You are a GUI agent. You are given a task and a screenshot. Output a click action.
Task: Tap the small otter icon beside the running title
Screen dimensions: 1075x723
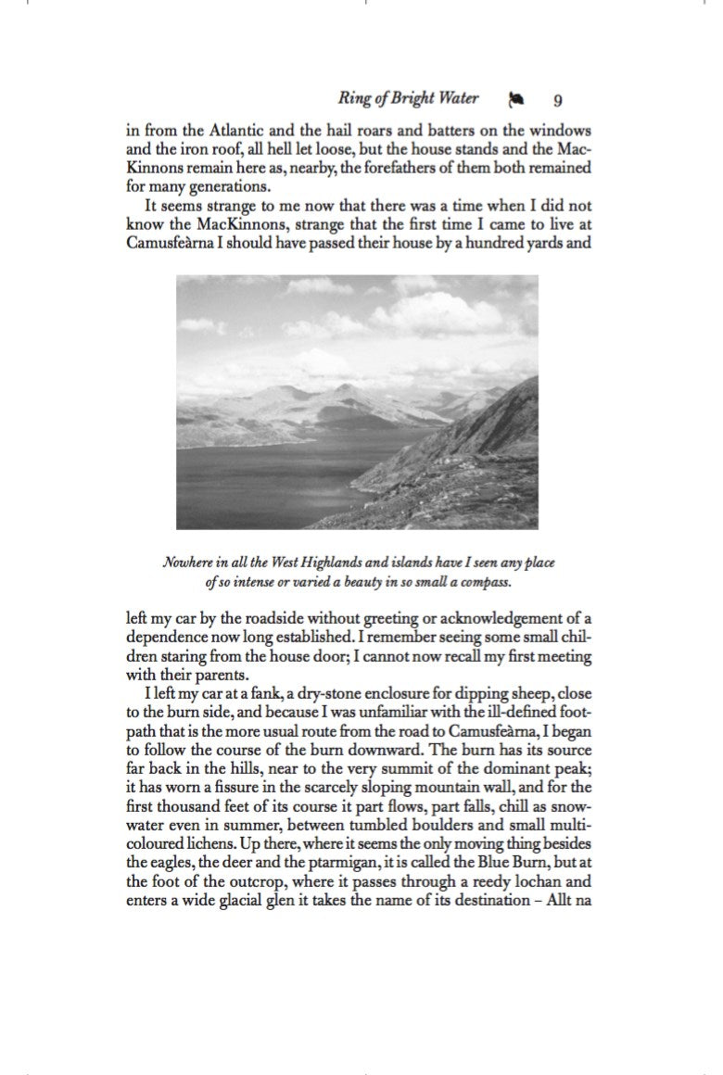(515, 99)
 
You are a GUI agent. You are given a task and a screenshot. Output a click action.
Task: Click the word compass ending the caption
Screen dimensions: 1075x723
(486, 583)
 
